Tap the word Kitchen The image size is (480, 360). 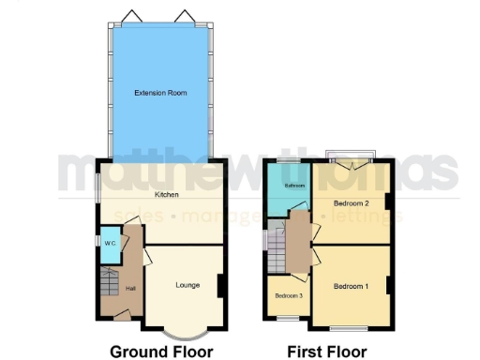168,195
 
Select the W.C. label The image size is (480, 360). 110,243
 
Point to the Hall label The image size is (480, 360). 131,288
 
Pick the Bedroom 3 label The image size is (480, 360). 289,296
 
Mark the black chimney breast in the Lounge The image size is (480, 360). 220,285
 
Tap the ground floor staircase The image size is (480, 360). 110,280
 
